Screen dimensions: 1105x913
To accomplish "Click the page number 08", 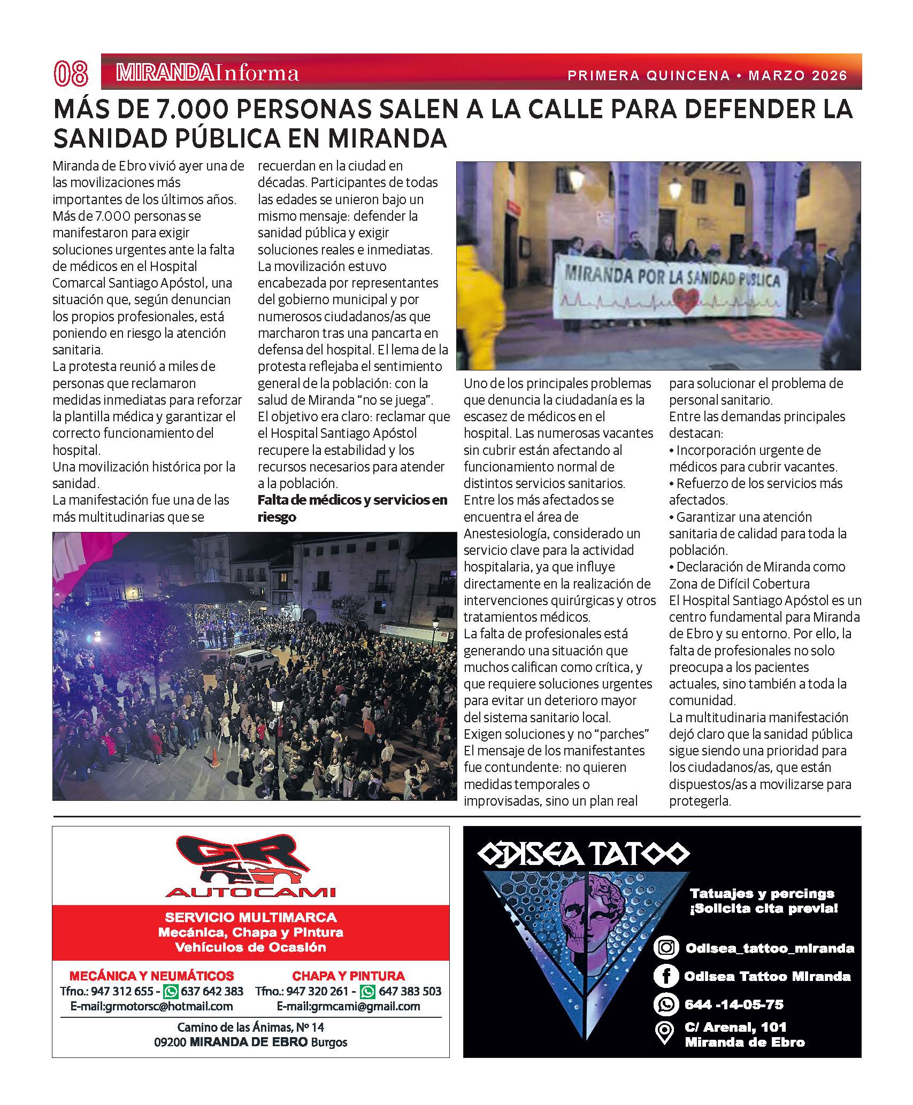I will point(71,73).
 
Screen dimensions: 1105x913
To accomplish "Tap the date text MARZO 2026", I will point(798,75).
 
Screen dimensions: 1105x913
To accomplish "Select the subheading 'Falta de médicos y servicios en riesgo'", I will point(352,508).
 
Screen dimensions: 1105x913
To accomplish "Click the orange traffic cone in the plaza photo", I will point(214,758).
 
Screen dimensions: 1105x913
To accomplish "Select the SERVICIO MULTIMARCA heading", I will point(250,918).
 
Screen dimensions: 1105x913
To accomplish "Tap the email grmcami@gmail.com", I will point(348,1006).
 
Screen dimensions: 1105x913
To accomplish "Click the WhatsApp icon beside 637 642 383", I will point(171,991).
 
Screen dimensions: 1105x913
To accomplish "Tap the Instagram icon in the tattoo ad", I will point(666,948).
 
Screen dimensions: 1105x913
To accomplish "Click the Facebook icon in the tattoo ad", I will point(666,976).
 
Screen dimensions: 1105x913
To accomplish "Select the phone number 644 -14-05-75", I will point(734,1004).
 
